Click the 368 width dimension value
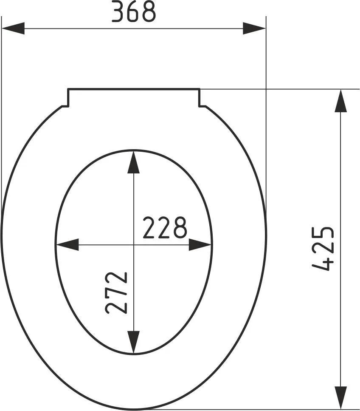pyautogui.click(x=134, y=13)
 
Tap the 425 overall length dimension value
pyautogui.click(x=323, y=249)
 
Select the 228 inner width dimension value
pyautogui.click(x=164, y=228)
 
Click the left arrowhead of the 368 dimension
pyautogui.click(x=13, y=29)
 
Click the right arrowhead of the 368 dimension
pyautogui.click(x=254, y=29)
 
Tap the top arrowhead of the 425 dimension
pyautogui.click(x=340, y=101)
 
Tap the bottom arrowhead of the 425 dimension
pyautogui.click(x=340, y=398)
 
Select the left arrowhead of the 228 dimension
pyautogui.click(x=67, y=245)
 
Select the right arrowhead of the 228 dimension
pyautogui.click(x=200, y=245)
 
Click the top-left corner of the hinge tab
pyautogui.click(x=68, y=89)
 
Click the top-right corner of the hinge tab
pyautogui.click(x=200, y=89)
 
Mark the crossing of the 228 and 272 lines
pyautogui.click(x=134, y=245)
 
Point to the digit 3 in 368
pyautogui.click(x=118, y=13)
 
